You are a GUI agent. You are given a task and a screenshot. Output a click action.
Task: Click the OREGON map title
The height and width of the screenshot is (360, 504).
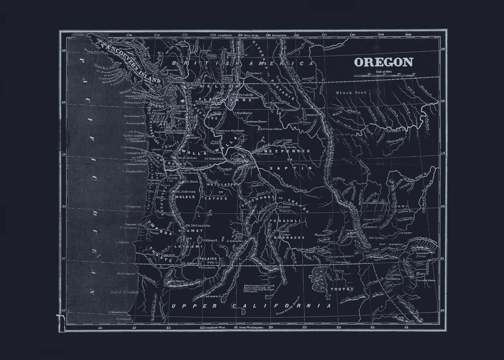[383, 62]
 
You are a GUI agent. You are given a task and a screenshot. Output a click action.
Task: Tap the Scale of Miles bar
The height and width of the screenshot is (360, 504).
[384, 75]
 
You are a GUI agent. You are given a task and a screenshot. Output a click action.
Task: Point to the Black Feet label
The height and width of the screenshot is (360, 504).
[349, 93]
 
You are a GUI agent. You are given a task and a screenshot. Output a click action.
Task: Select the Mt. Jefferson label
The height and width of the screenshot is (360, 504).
[186, 191]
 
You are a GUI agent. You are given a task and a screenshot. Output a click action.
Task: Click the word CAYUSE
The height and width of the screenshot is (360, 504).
[216, 199]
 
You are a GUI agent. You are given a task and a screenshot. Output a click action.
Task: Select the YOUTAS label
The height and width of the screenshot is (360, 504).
[342, 289]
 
